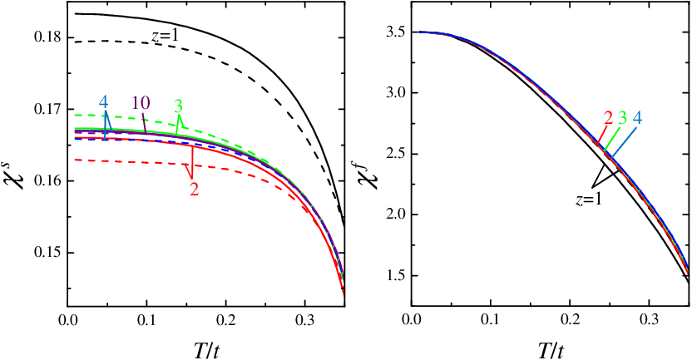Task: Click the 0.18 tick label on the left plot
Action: click(x=47, y=37)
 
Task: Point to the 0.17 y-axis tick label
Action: click(x=47, y=110)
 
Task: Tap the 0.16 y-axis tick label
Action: click(x=47, y=181)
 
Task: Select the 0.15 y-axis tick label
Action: click(x=47, y=254)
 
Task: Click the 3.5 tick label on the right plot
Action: click(x=395, y=32)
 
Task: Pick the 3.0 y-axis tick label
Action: click(x=395, y=93)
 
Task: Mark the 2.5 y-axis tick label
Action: click(x=395, y=154)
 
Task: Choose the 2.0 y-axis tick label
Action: click(x=395, y=215)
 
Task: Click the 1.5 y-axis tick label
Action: click(x=395, y=276)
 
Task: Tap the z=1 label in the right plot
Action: click(x=589, y=199)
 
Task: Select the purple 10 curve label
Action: click(x=140, y=103)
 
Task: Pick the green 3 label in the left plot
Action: click(x=178, y=107)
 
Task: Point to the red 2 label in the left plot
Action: click(x=194, y=188)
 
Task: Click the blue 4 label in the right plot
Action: click(x=637, y=117)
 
